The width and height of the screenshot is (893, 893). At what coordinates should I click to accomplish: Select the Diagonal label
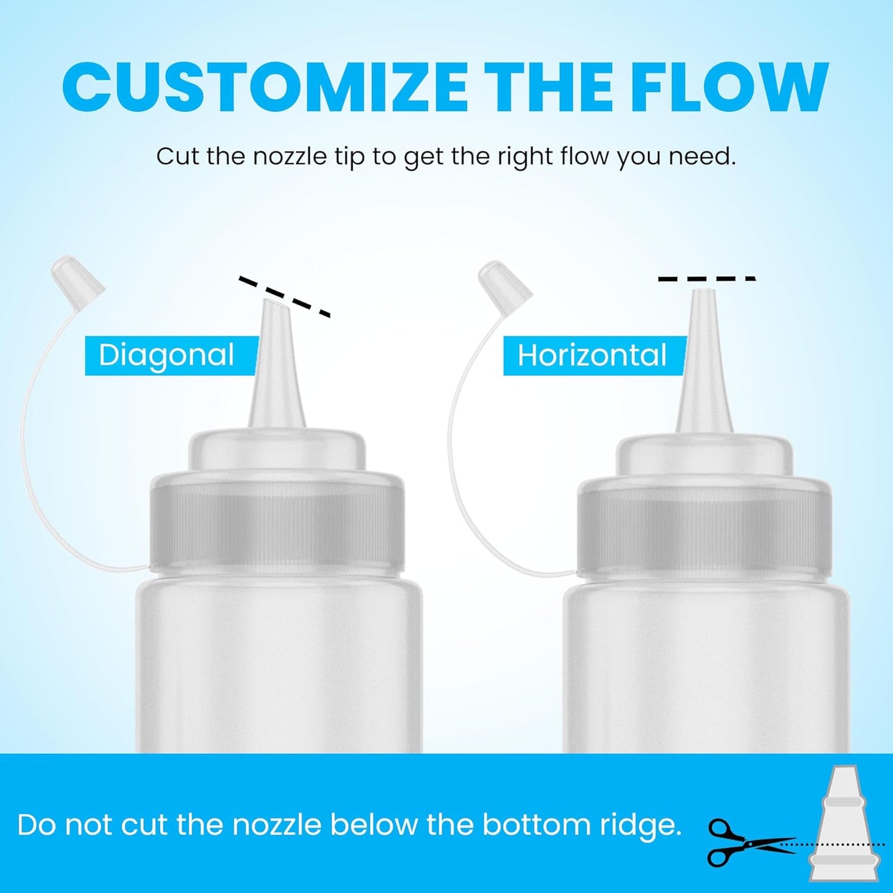pyautogui.click(x=167, y=355)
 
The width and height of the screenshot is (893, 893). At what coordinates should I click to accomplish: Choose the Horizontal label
pyautogui.click(x=592, y=355)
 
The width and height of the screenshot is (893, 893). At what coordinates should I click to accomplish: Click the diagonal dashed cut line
pyautogui.click(x=285, y=297)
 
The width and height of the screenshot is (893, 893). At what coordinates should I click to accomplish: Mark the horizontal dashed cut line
pyautogui.click(x=706, y=279)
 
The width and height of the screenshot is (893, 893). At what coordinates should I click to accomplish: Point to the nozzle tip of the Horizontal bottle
pyautogui.click(x=703, y=294)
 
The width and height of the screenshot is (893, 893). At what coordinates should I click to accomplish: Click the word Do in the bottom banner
pyautogui.click(x=36, y=826)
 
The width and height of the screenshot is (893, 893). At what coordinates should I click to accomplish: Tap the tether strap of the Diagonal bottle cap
pyautogui.click(x=28, y=433)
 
